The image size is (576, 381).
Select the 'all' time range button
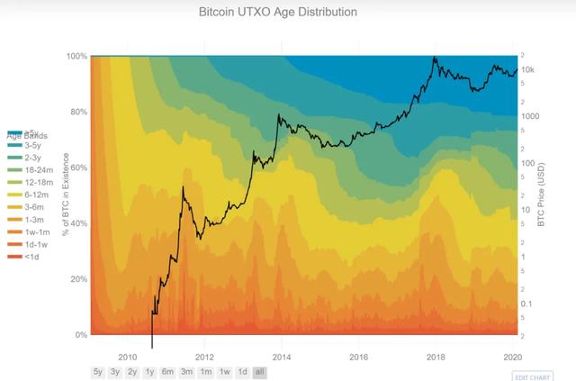point(259,371)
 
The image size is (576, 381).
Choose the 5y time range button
point(97,371)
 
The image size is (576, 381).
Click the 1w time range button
point(224,371)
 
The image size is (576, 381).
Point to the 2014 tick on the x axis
point(282,355)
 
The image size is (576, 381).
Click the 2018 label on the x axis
point(436,355)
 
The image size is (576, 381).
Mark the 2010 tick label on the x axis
point(127,355)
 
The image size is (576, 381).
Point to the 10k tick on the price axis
point(529,69)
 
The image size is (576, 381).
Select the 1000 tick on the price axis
point(531,116)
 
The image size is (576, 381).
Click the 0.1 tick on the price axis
point(528,304)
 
